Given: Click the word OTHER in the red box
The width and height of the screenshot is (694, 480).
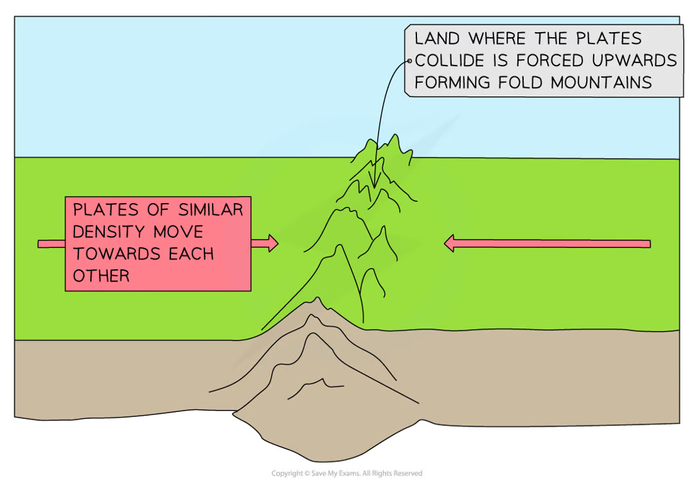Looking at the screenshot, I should [101, 276].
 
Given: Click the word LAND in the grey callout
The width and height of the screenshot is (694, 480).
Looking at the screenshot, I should [438, 39].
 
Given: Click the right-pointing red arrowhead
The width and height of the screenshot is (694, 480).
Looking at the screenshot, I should [272, 243].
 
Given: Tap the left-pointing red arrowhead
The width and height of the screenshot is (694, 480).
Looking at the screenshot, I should [450, 243].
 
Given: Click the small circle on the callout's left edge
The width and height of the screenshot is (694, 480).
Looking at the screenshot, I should [409, 60].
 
